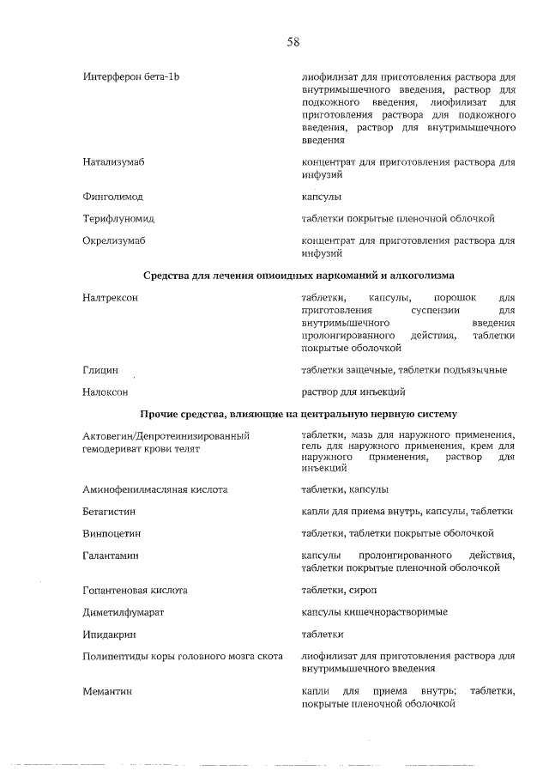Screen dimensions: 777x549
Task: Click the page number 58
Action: click(x=293, y=40)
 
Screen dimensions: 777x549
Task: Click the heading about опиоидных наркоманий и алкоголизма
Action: click(x=299, y=275)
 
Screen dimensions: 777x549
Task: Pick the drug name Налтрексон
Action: click(x=111, y=297)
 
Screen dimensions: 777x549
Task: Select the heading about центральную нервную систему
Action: click(x=299, y=414)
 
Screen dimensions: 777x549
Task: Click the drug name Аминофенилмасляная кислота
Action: click(x=155, y=489)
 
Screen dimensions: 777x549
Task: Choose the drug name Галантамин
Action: click(x=111, y=555)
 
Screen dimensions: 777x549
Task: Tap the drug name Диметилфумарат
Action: click(x=124, y=612)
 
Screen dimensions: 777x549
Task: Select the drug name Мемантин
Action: click(x=107, y=691)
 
